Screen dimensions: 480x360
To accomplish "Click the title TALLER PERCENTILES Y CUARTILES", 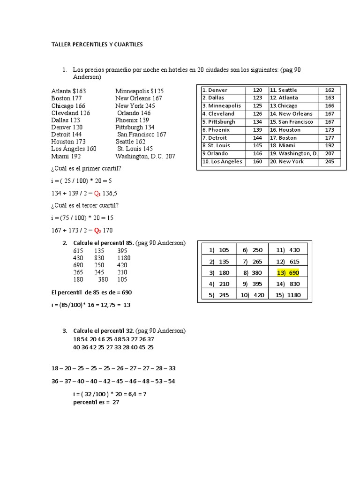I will [97, 45].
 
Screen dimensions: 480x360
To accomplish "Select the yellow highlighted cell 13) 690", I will [288, 272].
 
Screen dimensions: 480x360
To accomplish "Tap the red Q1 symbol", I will [97, 193].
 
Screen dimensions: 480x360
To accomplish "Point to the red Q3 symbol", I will [97, 230].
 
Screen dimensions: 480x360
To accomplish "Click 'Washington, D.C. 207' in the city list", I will [145, 156].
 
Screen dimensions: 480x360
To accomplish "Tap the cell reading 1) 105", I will [219, 250].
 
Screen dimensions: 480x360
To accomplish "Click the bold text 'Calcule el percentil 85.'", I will [104, 243].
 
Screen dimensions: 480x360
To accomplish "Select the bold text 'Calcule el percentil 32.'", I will [104, 331].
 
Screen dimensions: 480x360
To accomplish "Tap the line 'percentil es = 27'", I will [97, 402].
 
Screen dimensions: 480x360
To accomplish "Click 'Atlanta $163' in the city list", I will [68, 91].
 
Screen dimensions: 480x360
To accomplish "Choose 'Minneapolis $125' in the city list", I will [139, 91].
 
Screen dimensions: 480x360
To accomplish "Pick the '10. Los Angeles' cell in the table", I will [222, 162].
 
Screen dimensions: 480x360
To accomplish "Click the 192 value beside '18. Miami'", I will [330, 146].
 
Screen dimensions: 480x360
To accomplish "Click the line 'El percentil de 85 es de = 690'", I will [91, 292].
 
